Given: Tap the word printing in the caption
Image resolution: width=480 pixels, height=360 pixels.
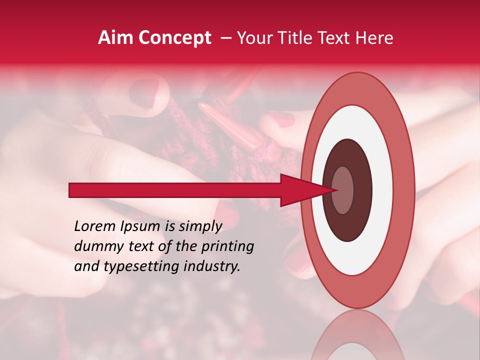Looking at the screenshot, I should [x=228, y=247].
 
